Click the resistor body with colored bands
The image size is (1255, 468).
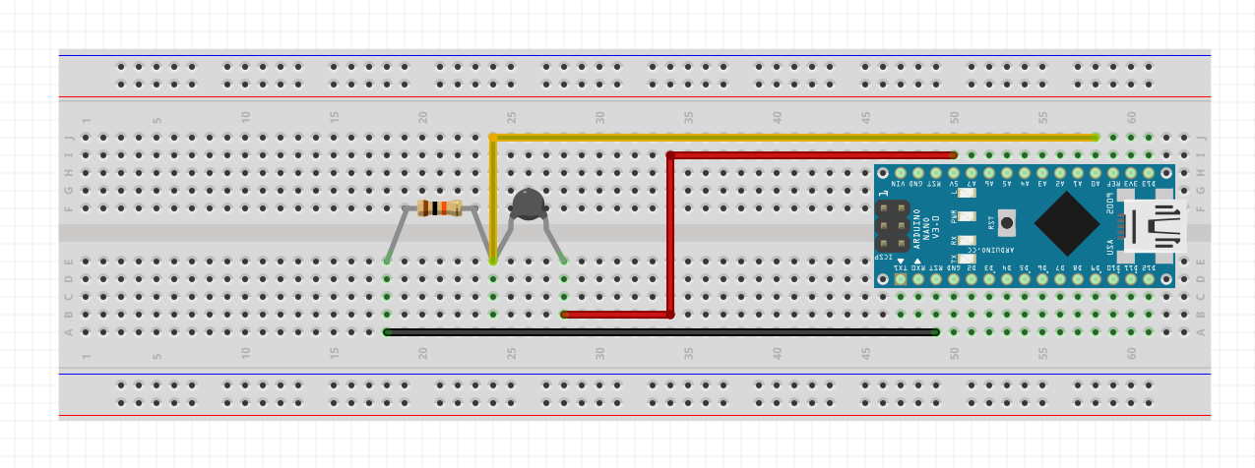click(439, 207)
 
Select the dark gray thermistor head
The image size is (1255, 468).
click(529, 204)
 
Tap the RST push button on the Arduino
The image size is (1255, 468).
click(1006, 222)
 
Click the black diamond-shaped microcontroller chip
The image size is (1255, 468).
click(1067, 223)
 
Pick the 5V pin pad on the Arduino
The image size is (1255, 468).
click(954, 173)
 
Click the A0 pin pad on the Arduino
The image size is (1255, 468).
click(1096, 173)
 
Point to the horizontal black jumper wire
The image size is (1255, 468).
click(659, 332)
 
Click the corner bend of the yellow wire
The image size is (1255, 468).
click(493, 138)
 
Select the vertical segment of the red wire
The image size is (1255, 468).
click(670, 236)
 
